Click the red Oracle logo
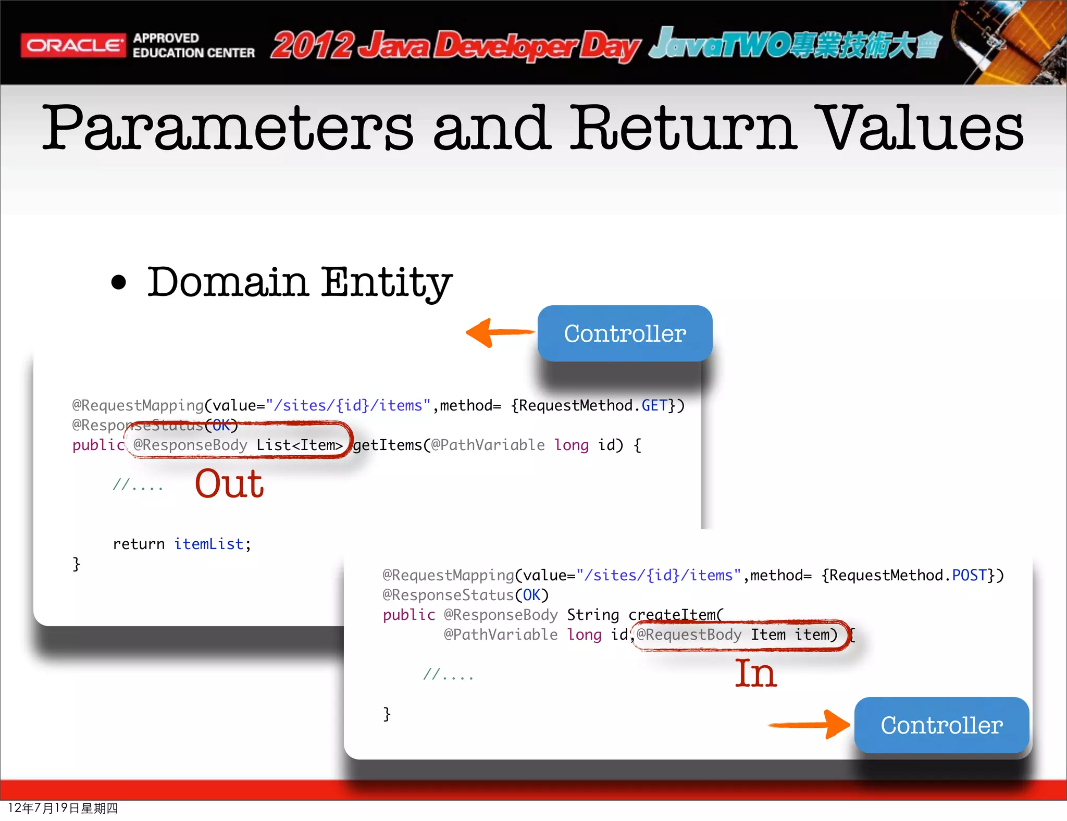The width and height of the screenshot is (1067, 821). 73,45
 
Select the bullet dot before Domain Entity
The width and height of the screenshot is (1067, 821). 119,282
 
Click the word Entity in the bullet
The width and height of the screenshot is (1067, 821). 386,282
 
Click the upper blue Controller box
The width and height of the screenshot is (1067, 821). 625,333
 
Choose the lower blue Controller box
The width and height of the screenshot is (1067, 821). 941,725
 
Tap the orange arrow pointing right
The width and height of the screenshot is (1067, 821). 811,724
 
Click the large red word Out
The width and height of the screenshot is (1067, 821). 229,483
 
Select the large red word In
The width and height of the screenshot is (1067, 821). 755,674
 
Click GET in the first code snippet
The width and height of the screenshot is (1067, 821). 654,405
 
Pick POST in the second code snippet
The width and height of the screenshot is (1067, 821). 969,575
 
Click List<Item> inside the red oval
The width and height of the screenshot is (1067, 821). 300,445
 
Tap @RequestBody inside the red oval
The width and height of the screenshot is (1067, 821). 689,635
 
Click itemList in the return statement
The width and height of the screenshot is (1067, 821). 208,544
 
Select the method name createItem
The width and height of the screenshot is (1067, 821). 672,615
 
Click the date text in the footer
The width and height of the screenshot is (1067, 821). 63,808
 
